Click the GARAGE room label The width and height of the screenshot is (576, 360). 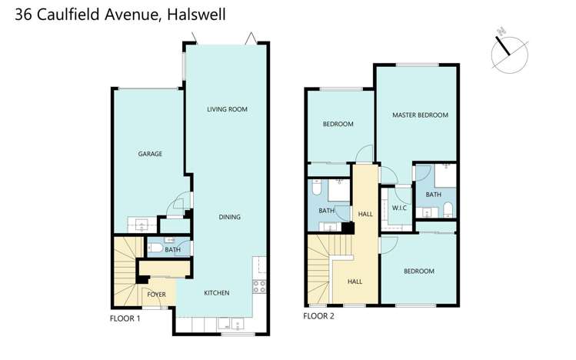149,154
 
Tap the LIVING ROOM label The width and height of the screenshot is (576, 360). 227,109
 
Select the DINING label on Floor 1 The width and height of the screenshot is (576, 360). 228,217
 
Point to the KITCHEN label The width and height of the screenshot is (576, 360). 216,293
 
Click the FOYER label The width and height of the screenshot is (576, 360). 156,294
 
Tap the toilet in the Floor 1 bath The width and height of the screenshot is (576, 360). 155,249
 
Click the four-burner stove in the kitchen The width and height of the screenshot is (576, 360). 259,286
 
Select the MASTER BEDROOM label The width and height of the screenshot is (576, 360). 419,115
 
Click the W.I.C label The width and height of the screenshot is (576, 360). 399,208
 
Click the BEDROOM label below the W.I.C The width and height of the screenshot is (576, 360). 419,271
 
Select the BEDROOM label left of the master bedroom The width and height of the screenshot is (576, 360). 338,124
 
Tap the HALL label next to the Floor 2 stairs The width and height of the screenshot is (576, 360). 355,282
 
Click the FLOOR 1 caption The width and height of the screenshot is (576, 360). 125,318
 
